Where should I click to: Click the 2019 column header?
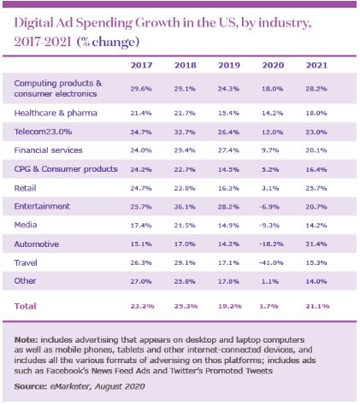(x=229, y=65)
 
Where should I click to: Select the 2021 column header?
(x=316, y=65)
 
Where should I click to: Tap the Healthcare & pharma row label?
(x=56, y=113)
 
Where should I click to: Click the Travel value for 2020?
(x=271, y=262)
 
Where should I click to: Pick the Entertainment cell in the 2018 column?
(x=185, y=207)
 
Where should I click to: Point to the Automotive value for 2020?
(x=271, y=244)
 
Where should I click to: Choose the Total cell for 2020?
(x=269, y=306)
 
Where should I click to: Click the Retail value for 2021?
(x=316, y=188)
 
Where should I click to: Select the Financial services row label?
(x=48, y=150)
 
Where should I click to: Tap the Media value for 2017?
(x=141, y=226)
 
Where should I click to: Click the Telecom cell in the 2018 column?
(x=185, y=132)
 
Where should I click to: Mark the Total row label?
(x=26, y=306)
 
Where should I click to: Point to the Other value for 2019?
(x=228, y=281)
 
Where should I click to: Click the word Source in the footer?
(x=31, y=386)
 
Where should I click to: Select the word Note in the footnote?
(x=26, y=340)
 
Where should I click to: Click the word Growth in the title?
(x=157, y=23)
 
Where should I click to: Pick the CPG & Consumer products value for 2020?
(x=270, y=169)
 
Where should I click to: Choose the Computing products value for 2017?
(x=141, y=89)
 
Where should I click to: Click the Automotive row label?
(x=37, y=244)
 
